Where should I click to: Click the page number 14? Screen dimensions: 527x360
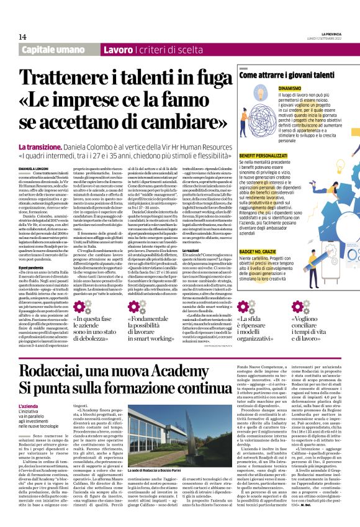point(22,37)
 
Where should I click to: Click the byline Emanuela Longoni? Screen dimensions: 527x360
point(35,168)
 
